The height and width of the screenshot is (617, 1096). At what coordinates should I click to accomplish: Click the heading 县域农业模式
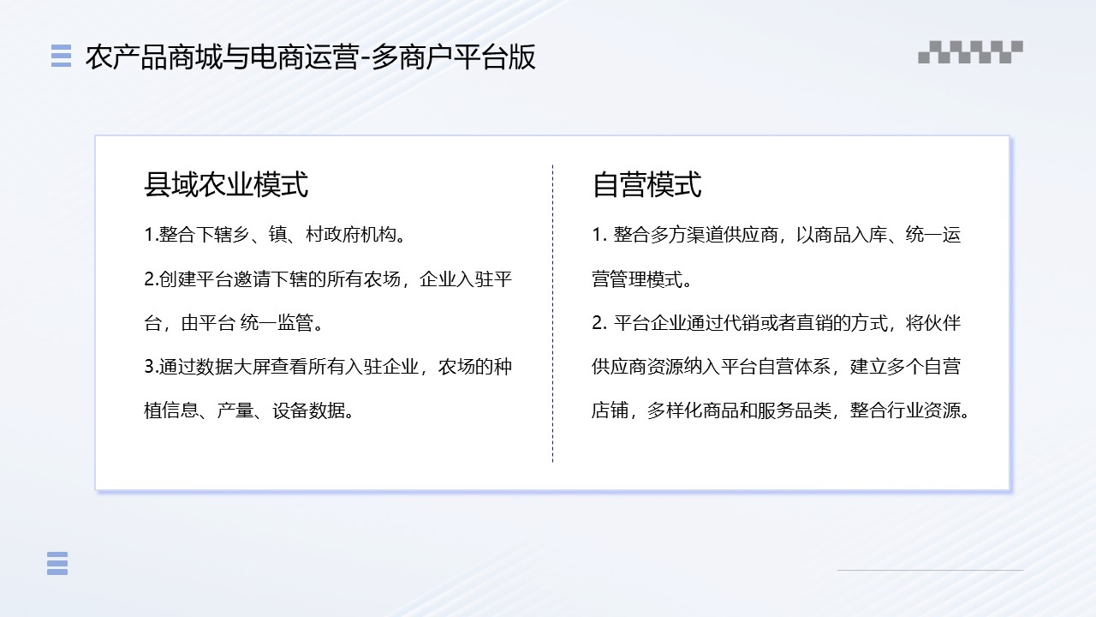(226, 184)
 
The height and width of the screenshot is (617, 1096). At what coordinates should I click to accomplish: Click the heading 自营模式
(646, 184)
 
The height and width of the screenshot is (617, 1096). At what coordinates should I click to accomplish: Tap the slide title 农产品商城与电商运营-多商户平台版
(311, 57)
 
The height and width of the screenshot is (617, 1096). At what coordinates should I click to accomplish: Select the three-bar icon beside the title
(61, 56)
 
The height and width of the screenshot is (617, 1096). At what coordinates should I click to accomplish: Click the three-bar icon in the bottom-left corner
(57, 563)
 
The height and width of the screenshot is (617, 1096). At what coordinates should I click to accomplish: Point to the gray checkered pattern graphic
(970, 52)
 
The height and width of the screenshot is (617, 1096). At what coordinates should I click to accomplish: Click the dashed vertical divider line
(553, 314)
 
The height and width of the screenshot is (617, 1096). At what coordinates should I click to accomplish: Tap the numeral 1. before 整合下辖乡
(152, 235)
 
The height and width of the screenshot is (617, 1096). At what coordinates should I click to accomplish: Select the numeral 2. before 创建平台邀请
(152, 279)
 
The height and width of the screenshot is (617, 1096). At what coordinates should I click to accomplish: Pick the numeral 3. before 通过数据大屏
(152, 367)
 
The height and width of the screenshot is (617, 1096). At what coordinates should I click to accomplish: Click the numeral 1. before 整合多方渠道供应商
(599, 235)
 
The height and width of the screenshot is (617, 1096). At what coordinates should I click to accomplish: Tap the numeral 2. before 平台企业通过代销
(599, 323)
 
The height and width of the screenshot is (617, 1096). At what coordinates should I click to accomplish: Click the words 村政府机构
(351, 235)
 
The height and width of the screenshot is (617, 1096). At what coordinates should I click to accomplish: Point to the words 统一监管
(277, 323)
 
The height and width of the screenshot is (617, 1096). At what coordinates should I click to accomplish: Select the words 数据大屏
(232, 367)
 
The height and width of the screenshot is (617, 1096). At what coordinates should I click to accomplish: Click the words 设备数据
(309, 410)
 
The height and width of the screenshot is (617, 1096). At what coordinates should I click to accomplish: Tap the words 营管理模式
(638, 279)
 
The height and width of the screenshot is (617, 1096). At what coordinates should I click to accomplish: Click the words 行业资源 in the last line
(924, 410)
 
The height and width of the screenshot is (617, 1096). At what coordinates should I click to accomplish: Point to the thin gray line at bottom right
(930, 570)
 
